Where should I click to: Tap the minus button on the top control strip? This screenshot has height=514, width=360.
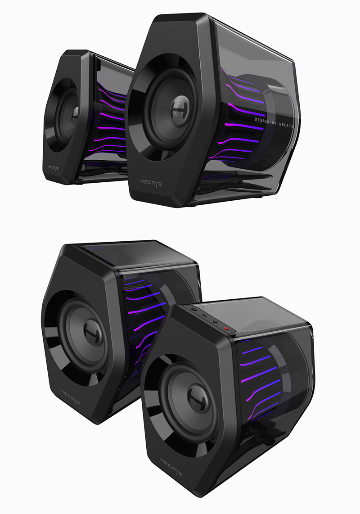(x=204, y=316)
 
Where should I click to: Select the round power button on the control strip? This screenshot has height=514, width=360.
(x=194, y=309)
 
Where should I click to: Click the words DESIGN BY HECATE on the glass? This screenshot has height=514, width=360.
(x=274, y=122)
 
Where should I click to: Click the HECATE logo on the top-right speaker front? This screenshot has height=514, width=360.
(x=151, y=183)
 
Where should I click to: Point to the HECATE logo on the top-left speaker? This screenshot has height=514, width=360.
(x=53, y=168)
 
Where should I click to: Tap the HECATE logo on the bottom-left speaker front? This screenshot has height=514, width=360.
(x=70, y=397)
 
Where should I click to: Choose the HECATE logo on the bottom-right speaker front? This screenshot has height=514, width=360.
(x=171, y=467)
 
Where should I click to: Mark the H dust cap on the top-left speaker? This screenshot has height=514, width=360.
(x=75, y=117)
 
